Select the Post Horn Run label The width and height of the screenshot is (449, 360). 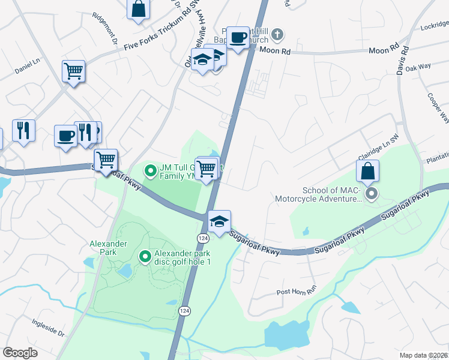click(296, 292)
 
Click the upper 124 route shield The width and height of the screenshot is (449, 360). click(201, 238)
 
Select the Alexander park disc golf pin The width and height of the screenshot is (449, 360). click(145, 257)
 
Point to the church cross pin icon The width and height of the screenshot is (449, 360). click(277, 34)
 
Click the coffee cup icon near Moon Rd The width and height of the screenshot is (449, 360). click(238, 38)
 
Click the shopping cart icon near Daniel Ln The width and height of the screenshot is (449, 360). click(73, 71)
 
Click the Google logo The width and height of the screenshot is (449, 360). click(20, 353)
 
